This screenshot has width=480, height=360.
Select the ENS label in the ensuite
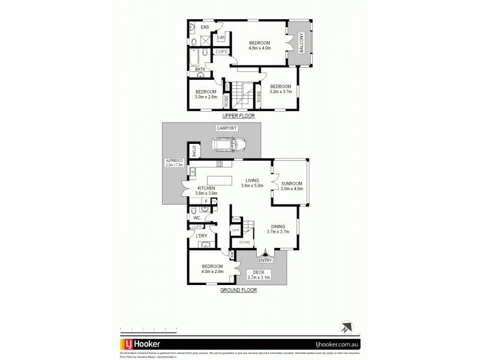[x=205, y=27]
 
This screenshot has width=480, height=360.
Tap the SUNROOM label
[x=291, y=183]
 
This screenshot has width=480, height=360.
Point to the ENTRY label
[x=265, y=260]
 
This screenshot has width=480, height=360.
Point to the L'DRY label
[x=202, y=236]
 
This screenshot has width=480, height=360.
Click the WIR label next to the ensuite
[x=221, y=38]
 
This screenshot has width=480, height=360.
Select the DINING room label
[x=278, y=226]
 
